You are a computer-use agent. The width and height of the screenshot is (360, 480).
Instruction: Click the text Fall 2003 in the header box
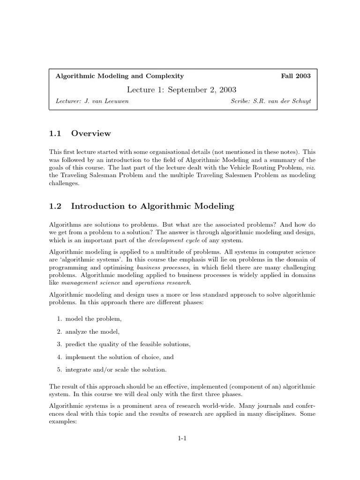pos(295,76)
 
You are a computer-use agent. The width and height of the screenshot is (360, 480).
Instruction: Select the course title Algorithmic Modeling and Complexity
pos(120,76)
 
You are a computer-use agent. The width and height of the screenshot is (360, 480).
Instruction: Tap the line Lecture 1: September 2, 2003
pos(182,89)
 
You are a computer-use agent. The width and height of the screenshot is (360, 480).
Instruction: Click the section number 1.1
pos(55,134)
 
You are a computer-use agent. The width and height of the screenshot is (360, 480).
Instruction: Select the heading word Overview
pos(91,134)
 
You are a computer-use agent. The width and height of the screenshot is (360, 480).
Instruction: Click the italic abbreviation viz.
pos(311,167)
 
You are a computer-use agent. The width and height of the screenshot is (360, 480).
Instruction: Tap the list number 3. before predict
pos(60,344)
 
